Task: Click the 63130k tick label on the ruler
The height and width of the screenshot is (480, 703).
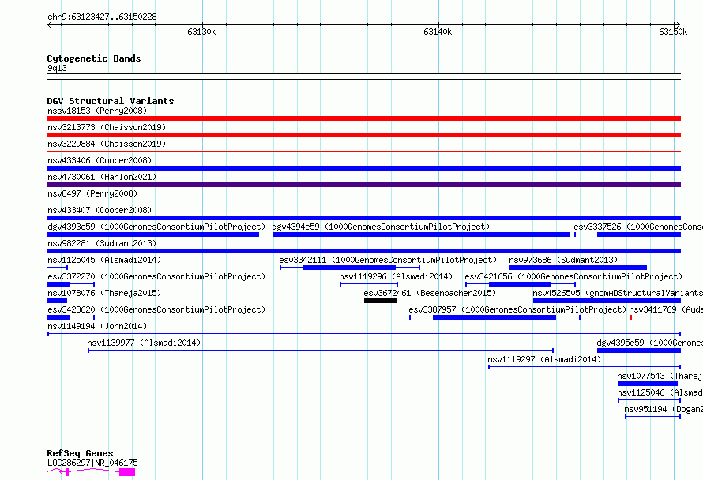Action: (x=201, y=32)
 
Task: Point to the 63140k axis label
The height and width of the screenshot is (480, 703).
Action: (x=438, y=32)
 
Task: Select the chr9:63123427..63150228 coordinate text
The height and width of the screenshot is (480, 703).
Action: (x=102, y=17)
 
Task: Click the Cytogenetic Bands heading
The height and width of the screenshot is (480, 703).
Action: (x=94, y=58)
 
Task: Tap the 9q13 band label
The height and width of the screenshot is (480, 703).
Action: (x=57, y=68)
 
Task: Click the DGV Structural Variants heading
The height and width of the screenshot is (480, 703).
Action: (x=111, y=101)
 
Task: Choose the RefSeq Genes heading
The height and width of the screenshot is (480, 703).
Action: (x=80, y=453)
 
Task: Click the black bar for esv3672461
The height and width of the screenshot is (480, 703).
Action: (x=380, y=301)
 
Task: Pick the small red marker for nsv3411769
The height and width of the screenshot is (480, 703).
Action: (x=630, y=317)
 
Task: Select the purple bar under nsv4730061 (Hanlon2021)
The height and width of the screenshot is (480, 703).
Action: (x=363, y=185)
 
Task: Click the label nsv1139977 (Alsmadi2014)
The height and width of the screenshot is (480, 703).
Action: (x=144, y=343)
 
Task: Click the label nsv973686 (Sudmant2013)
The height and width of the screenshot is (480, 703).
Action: (x=563, y=260)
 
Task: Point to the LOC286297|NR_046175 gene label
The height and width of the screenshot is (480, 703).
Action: (x=92, y=463)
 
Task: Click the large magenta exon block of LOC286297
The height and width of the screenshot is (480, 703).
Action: (x=127, y=472)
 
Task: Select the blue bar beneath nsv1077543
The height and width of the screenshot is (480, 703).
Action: (x=648, y=384)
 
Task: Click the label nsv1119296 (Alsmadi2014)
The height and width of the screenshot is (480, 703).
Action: (x=396, y=276)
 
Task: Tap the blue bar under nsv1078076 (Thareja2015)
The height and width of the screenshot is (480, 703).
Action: (x=57, y=301)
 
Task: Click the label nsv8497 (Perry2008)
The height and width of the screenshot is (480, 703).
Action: (x=92, y=193)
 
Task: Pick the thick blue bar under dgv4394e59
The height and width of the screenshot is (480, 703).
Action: (x=421, y=234)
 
